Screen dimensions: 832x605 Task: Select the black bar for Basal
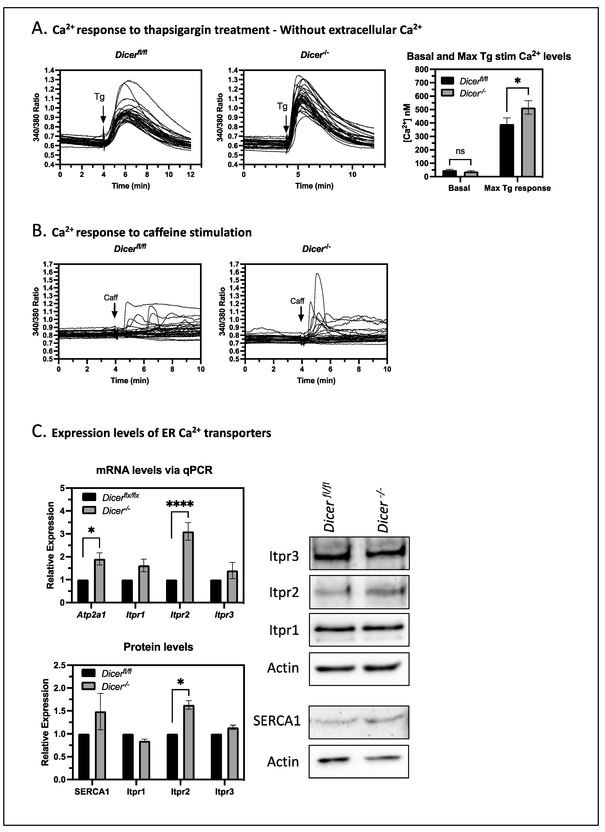tap(449, 173)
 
